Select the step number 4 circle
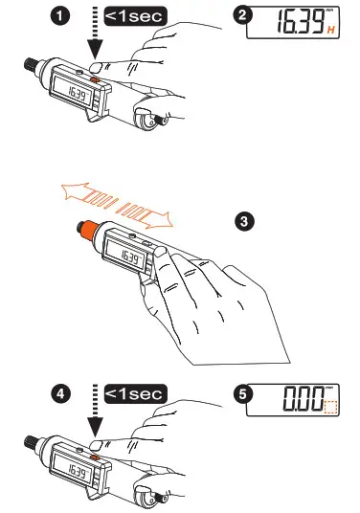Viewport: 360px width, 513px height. coord(63,393)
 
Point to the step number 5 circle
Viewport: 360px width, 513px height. coord(244,393)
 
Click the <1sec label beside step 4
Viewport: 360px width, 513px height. coord(134,393)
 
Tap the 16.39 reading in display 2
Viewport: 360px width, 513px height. coord(295,25)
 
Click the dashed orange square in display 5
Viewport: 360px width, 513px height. coord(331,408)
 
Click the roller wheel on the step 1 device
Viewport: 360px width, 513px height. coord(147,119)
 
